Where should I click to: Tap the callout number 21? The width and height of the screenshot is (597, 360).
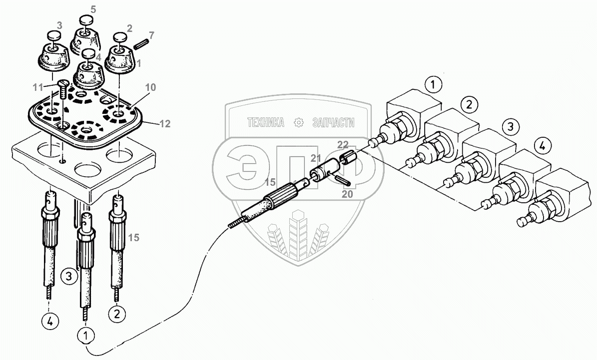(315, 159)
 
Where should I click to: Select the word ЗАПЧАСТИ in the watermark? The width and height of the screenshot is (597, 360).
(332, 122)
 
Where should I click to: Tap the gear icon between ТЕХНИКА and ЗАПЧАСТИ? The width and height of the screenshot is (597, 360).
(299, 122)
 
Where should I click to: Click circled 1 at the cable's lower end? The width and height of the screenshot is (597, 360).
(87, 335)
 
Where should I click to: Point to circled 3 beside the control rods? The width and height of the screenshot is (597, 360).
(69, 275)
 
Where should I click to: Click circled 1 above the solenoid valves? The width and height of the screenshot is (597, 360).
(433, 84)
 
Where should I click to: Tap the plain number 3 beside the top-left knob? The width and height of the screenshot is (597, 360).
(59, 24)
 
